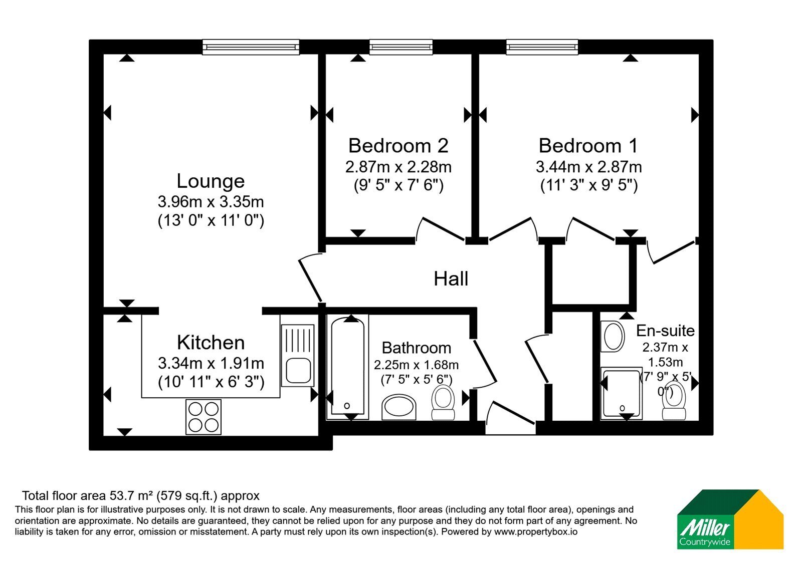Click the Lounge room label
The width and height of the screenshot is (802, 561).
(x=211, y=181)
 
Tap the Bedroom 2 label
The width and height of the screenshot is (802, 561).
(x=398, y=146)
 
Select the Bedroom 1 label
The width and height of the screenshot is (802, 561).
(x=588, y=146)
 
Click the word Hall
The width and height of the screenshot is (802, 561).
(x=451, y=278)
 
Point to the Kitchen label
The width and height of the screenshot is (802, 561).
(x=211, y=343)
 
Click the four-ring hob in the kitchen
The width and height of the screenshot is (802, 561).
(x=204, y=417)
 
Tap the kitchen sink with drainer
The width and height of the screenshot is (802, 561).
(x=298, y=355)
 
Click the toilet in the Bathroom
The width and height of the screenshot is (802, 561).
(x=443, y=402)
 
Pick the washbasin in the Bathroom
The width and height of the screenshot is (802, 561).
(x=399, y=407)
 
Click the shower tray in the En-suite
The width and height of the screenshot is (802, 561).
(x=622, y=393)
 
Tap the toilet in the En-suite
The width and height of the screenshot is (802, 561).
(x=674, y=400)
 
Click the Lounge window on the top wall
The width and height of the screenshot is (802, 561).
(x=251, y=47)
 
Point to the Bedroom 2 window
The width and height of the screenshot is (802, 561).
(x=401, y=47)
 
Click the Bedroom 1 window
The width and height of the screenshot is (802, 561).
(x=542, y=47)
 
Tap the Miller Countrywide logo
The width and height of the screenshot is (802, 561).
(x=730, y=519)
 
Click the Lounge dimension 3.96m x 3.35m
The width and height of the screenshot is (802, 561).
(x=211, y=202)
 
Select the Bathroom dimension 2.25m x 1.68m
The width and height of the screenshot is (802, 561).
(x=416, y=365)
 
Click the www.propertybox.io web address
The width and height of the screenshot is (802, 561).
(x=536, y=531)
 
